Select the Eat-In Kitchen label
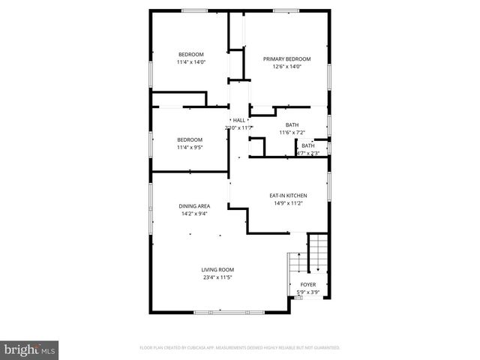[288, 196]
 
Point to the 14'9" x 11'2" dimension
[288, 203]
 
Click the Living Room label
[217, 270]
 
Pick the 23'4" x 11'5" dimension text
[217, 277]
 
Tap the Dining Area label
[193, 206]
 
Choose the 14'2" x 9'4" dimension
[193, 214]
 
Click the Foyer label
[307, 285]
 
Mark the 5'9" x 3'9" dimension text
[307, 292]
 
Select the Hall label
[238, 120]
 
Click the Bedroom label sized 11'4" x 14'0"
[190, 54]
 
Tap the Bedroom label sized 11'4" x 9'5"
[190, 139]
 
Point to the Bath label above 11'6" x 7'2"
[292, 124]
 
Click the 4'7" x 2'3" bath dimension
[307, 153]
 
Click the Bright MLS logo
[30, 349]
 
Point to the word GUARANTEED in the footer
[325, 348]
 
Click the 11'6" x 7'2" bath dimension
[292, 133]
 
